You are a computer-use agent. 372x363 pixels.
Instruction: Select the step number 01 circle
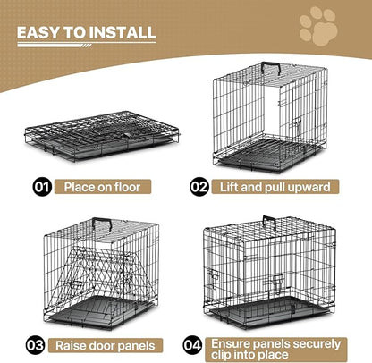tap(40, 188)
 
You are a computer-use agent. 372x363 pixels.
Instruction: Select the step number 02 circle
tap(201, 188)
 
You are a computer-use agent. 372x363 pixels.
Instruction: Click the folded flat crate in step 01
tap(103, 143)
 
